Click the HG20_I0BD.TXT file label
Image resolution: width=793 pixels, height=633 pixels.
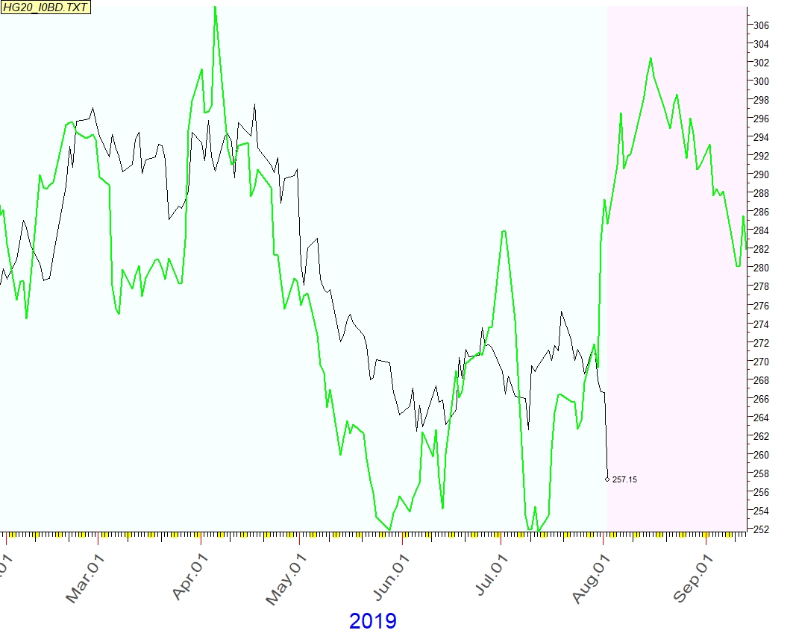pyautogui.click(x=37, y=6)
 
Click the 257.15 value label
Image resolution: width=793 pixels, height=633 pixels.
pyautogui.click(x=624, y=479)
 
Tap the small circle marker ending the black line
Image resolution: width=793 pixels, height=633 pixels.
pyautogui.click(x=607, y=479)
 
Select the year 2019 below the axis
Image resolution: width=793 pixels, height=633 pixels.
pyautogui.click(x=373, y=620)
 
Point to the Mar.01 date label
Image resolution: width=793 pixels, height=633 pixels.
pyautogui.click(x=84, y=577)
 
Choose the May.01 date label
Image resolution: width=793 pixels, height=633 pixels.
pyautogui.click(x=286, y=577)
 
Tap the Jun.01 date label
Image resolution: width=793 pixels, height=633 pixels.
pyautogui.click(x=390, y=577)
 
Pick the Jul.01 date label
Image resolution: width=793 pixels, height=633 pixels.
pyautogui.click(x=489, y=577)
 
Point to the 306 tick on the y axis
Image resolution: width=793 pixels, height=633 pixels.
pyautogui.click(x=761, y=25)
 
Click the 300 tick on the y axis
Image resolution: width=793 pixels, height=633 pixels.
pyautogui.click(x=761, y=81)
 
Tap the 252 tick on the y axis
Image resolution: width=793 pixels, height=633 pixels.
pyautogui.click(x=761, y=529)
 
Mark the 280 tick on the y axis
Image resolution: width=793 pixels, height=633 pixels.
pyautogui.click(x=761, y=268)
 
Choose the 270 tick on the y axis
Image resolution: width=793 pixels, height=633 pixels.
pyautogui.click(x=761, y=362)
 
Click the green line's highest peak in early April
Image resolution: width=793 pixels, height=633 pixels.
pyautogui.click(x=215, y=7)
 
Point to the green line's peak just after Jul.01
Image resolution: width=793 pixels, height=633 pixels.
pyautogui.click(x=504, y=231)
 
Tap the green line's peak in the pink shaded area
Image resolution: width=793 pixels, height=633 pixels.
pyautogui.click(x=651, y=58)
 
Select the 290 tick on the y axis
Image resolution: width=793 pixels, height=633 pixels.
pyautogui.click(x=761, y=174)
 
